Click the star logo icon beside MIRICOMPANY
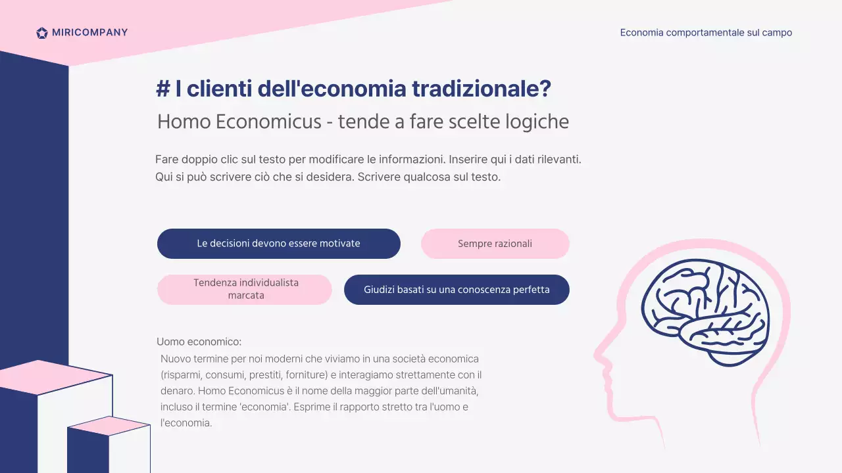[x=42, y=33]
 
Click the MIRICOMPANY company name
[x=89, y=33]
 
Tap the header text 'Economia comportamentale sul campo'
[x=706, y=33]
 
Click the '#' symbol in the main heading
[x=162, y=89]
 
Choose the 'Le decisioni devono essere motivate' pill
[x=278, y=244]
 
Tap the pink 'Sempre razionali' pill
[x=495, y=244]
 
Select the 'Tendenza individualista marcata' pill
[x=245, y=290]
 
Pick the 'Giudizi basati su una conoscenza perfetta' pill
[x=457, y=290]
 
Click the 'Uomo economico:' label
[x=199, y=342]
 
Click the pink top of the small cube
[x=109, y=425]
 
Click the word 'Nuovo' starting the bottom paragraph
[x=176, y=359]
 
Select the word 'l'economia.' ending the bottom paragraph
[x=186, y=423]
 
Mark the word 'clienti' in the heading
[x=218, y=89]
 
